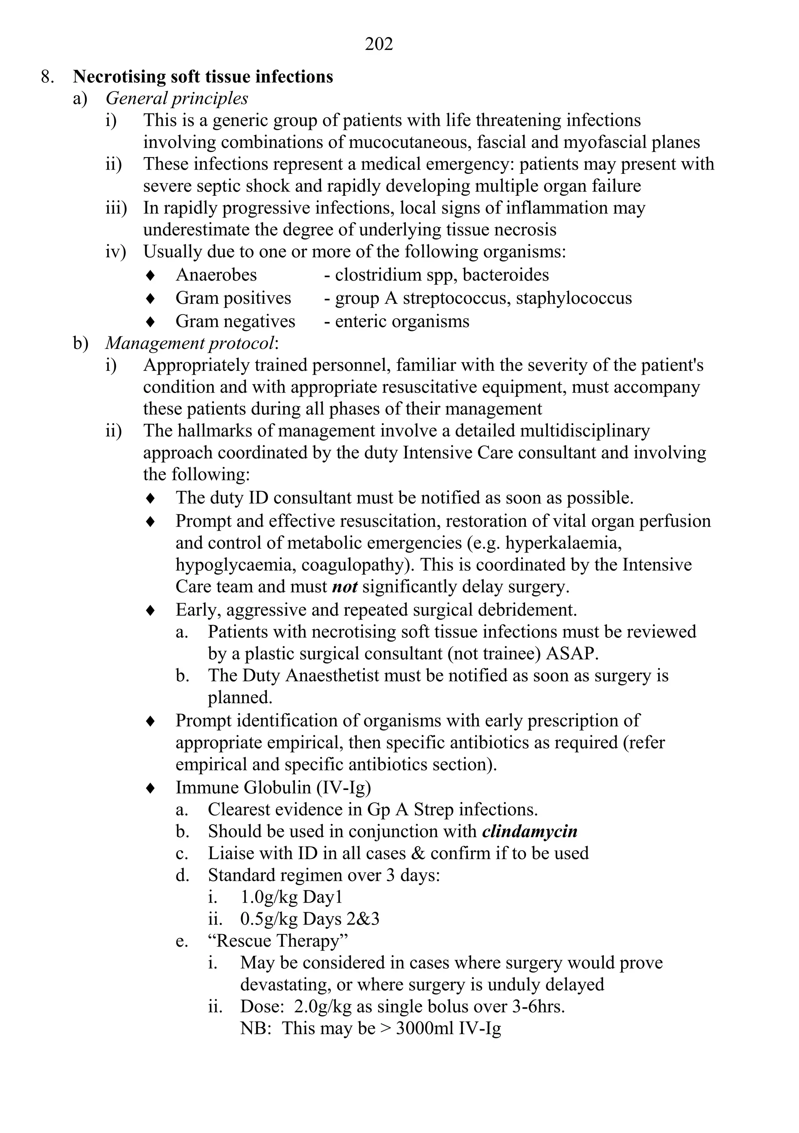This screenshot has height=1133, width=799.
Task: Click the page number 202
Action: coord(379,44)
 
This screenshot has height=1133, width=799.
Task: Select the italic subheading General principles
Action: coord(177,98)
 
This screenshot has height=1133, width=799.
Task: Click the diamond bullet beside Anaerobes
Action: coord(151,275)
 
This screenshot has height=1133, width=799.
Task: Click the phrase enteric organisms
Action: coord(402,321)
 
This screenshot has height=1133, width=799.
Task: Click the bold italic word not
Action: coord(344,586)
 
